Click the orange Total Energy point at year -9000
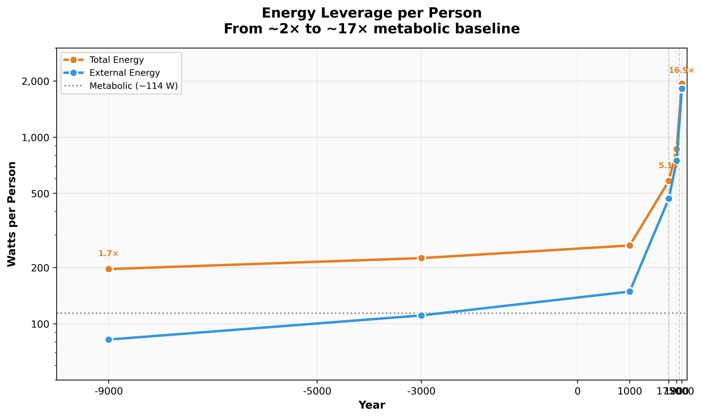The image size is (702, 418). tap(109, 269)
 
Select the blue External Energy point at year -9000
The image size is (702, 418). tap(109, 339)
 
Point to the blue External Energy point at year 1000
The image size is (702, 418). tap(630, 292)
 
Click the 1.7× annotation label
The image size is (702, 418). tap(108, 253)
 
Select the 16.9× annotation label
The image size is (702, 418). tap(681, 70)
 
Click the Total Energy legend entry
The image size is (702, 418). tap(116, 60)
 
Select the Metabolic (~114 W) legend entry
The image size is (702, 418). tap(133, 86)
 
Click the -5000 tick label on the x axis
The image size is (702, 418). tap(317, 391)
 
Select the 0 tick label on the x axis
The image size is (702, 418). tap(578, 391)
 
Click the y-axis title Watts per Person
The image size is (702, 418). tap(12, 214)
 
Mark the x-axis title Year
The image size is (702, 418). tap(372, 405)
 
